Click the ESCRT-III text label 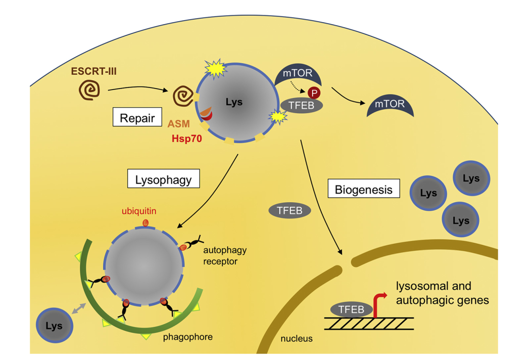[94, 71]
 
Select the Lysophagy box [163, 179]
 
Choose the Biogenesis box [364, 190]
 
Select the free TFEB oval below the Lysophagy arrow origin [289, 210]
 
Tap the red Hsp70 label [184, 137]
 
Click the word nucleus [296, 338]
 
